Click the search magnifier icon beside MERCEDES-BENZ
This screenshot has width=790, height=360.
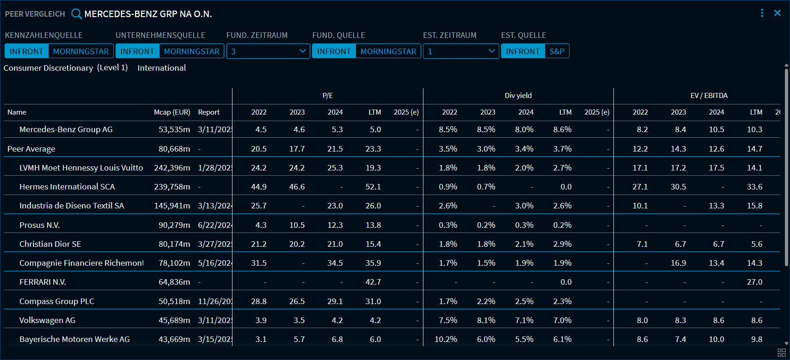76,14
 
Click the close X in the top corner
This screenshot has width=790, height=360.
778,13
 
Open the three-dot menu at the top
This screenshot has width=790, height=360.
762,13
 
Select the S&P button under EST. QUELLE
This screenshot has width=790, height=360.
557,51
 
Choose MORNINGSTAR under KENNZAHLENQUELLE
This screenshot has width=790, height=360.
81,51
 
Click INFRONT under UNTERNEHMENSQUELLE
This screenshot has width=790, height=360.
137,51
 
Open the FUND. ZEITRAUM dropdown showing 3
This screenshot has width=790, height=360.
268,51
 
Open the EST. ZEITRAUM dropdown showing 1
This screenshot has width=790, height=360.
460,51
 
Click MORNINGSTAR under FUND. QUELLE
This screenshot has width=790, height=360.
388,51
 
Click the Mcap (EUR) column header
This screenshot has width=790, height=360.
172,112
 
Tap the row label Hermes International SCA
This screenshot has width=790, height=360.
67,187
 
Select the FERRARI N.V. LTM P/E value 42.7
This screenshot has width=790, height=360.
373,282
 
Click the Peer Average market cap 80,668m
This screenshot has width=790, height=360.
174,149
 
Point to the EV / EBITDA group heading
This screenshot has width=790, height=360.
709,96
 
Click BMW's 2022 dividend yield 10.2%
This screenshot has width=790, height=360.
446,339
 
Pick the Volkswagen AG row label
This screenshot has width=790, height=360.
47,320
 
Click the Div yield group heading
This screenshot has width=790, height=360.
518,96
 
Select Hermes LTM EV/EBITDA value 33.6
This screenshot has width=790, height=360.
754,187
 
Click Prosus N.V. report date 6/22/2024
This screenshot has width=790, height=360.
214,225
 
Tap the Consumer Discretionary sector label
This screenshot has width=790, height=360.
49,68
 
